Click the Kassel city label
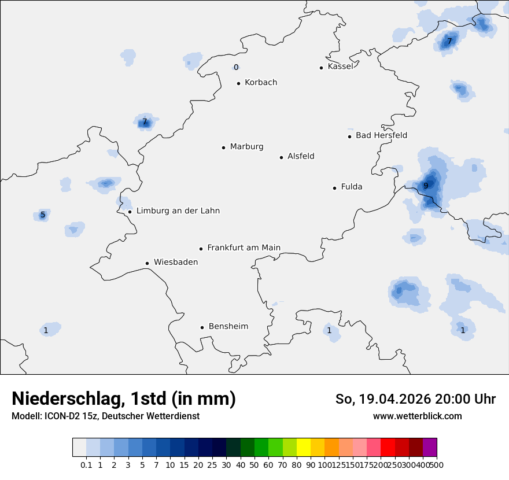coord(340,67)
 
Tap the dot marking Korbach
coord(238,83)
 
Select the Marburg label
coord(246,147)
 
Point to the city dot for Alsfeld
coord(282,157)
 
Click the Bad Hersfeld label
coord(381,136)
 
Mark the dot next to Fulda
coord(334,188)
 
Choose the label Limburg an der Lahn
coord(178,211)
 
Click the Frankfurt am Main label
coord(244,248)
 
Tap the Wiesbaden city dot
coord(147,263)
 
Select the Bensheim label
coord(228,327)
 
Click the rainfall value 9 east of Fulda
coord(426,186)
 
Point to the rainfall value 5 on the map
coord(43,215)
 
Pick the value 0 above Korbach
coord(236,68)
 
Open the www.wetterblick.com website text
coord(417,416)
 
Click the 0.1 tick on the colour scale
coord(86,465)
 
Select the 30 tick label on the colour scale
coord(226,465)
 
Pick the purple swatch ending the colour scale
coord(430,448)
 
